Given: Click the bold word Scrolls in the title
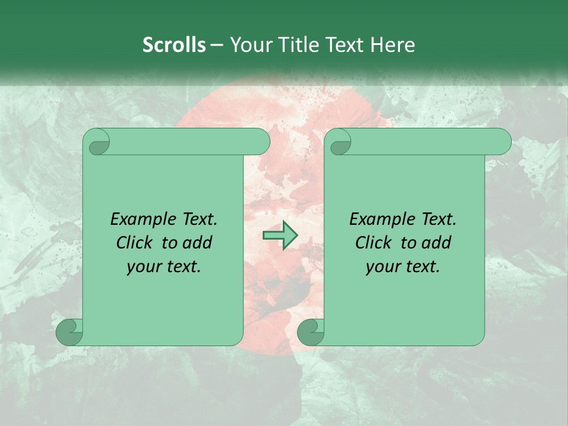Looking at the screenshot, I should coord(174,45).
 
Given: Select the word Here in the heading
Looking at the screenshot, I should coord(392,45).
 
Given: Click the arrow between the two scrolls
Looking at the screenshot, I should coord(280,235).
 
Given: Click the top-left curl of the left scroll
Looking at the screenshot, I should coord(97,143).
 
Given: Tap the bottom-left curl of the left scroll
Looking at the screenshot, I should coord(69,332).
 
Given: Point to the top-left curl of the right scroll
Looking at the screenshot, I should coord(339,143).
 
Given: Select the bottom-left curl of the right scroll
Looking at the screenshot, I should coord(311,332).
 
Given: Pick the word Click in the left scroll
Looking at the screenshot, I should coord(135,243).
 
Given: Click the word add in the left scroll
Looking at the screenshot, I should coord(198,243).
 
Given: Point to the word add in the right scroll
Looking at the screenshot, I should coord(437,243).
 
